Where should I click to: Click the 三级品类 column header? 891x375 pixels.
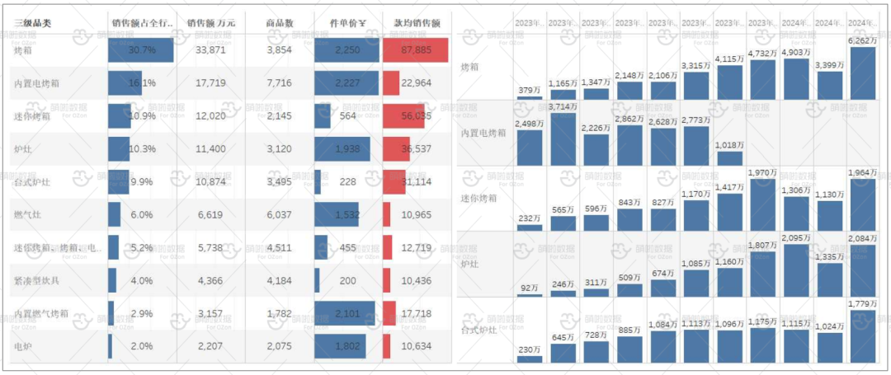(33, 23)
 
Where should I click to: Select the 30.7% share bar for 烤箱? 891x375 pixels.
(141, 50)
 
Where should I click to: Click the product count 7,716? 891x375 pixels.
(280, 83)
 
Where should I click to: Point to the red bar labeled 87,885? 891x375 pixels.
(415, 50)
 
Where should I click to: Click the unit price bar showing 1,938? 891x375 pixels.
(342, 149)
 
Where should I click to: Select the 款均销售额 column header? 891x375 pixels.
(417, 23)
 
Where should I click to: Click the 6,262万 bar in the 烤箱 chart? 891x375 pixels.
(861, 73)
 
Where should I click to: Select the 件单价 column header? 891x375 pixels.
(346, 23)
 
